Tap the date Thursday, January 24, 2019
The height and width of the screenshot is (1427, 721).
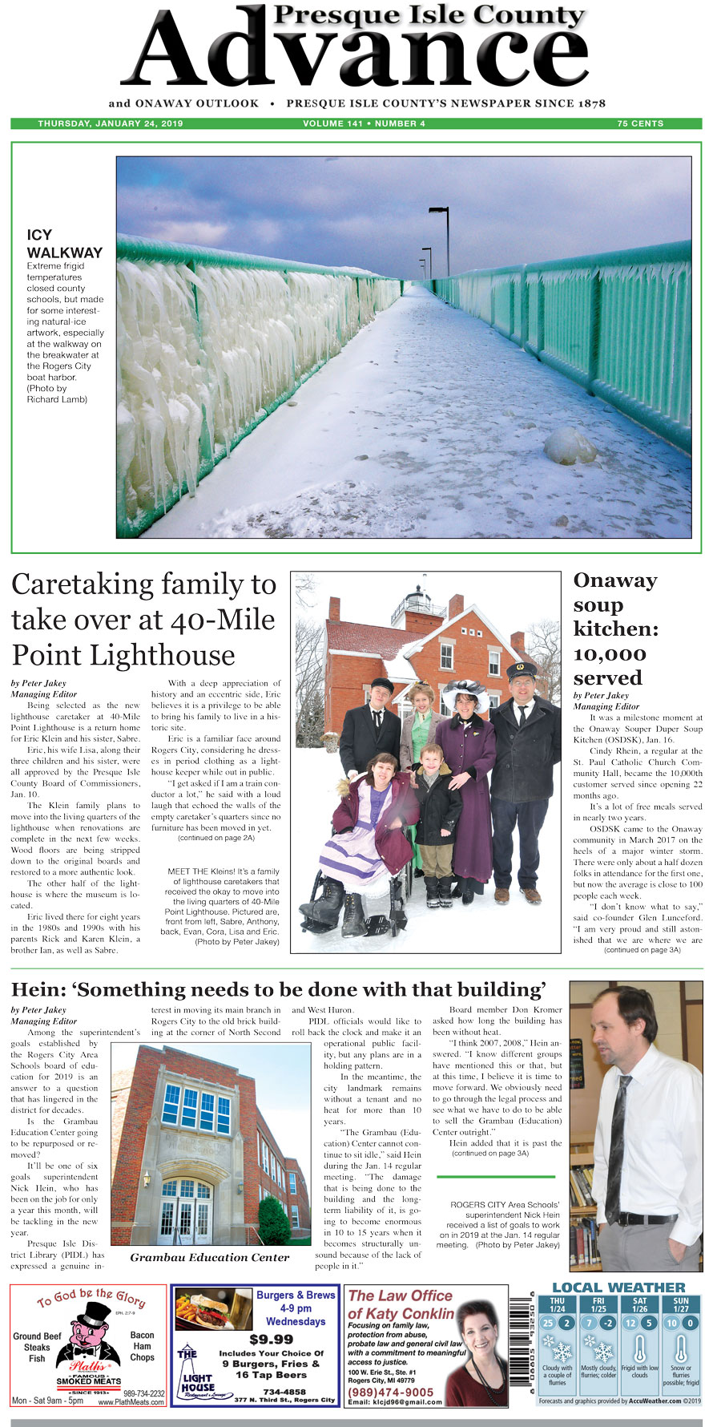click(111, 123)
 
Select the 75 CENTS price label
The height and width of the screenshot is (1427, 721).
click(640, 123)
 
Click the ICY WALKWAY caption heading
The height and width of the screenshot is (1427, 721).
click(64, 244)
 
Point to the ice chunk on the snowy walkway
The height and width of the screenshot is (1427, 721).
click(570, 446)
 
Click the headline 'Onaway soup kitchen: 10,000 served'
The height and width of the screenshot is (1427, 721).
click(616, 629)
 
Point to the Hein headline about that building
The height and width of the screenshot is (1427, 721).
click(279, 989)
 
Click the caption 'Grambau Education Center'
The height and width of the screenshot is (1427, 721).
click(210, 1257)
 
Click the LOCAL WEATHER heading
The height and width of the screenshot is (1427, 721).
click(618, 1288)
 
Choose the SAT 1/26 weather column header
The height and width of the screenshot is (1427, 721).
click(639, 1304)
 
